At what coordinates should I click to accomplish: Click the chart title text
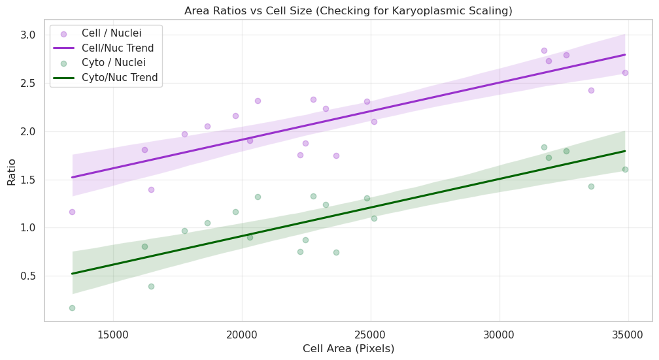tap(348, 10)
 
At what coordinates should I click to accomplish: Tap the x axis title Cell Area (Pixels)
tap(348, 349)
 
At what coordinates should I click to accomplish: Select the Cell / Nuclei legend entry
tap(112, 33)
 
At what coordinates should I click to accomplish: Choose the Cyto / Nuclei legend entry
tap(113, 63)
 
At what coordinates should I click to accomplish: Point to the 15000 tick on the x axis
tap(113, 333)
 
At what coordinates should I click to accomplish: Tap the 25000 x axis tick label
tap(371, 333)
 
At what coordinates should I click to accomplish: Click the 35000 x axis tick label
tap(628, 333)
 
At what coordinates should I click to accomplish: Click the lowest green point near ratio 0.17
tap(72, 308)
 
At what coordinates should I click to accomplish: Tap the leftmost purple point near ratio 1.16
tap(72, 212)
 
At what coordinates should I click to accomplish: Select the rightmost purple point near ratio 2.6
tap(625, 73)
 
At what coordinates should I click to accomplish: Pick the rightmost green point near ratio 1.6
tap(625, 169)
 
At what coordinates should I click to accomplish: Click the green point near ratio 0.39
tap(151, 286)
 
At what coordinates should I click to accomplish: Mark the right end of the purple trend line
tap(625, 55)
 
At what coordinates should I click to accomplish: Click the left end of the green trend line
tap(72, 274)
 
